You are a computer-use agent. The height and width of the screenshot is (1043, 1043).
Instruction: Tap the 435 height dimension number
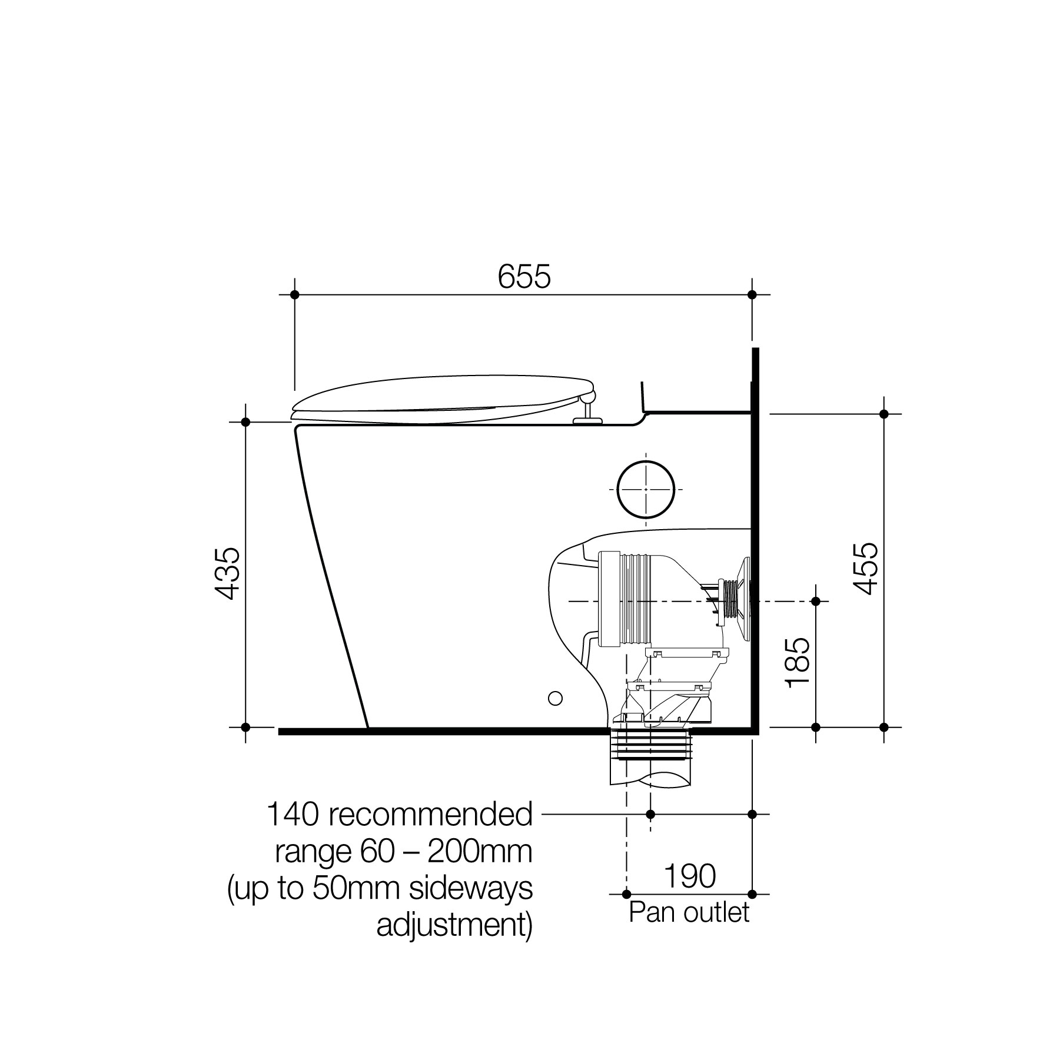227,573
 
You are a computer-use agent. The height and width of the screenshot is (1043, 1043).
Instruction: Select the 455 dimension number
865,569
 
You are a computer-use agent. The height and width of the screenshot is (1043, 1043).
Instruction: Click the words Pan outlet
689,912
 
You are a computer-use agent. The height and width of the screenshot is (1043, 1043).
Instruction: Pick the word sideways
470,888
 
